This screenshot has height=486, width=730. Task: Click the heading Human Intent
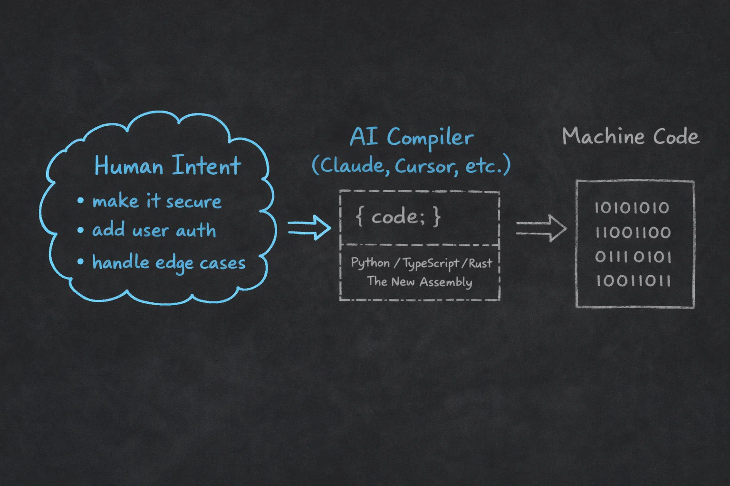point(167,166)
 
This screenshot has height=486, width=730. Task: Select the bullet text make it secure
point(157,201)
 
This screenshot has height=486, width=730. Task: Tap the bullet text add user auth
point(154,231)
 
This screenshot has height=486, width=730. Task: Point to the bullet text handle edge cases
point(169,262)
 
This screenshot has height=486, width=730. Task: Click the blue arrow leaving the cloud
point(309,227)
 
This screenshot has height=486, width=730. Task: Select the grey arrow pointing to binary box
point(541,228)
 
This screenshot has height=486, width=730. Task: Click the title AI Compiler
point(412,137)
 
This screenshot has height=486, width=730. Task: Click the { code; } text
point(398,217)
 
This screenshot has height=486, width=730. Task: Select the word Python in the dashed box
point(370,263)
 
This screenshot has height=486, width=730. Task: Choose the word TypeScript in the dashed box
point(431,263)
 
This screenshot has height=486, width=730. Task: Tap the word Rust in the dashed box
point(480,263)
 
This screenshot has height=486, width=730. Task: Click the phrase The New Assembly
point(420,281)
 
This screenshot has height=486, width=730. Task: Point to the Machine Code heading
point(631,137)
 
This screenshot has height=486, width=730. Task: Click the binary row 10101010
point(632,208)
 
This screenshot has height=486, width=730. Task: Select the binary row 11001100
point(633,233)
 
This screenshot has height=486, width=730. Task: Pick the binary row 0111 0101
point(633,257)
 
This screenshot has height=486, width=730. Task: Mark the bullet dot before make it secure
point(81,201)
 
